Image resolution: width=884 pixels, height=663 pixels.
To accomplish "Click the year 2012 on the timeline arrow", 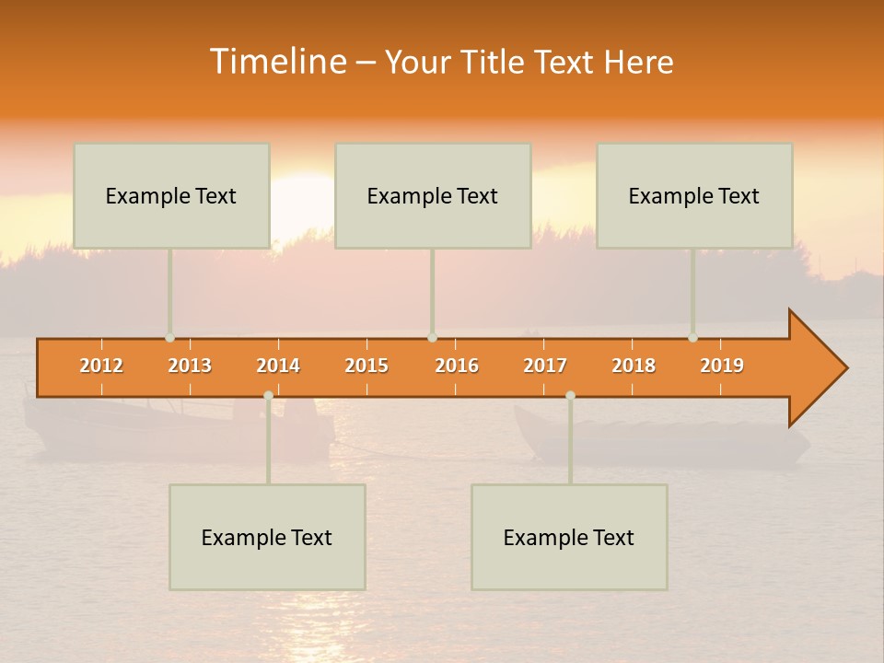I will click(101, 366).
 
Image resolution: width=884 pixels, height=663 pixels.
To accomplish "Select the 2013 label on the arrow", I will click(190, 366).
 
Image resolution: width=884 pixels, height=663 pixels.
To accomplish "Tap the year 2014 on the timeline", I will click(278, 366).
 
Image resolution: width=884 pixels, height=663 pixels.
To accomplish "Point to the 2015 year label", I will click(366, 366).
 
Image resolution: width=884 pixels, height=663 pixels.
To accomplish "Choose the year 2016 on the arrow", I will click(457, 366).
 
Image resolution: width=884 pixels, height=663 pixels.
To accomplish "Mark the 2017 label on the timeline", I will click(545, 366).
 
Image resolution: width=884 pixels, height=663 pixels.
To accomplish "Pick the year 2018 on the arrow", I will click(634, 366).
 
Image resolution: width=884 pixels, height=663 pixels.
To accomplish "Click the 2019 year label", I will click(722, 366).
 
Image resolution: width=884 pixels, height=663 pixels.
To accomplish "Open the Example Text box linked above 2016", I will click(433, 196).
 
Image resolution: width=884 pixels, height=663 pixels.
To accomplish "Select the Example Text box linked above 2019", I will click(694, 196).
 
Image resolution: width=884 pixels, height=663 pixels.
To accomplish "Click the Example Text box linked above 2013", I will click(171, 196).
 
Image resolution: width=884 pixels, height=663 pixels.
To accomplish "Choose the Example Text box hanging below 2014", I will click(267, 537).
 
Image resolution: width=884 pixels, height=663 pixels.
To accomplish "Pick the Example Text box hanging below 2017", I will click(569, 537).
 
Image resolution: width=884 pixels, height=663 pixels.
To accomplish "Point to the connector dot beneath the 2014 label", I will click(268, 396).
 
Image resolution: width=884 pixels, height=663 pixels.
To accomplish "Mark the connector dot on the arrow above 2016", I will click(432, 338).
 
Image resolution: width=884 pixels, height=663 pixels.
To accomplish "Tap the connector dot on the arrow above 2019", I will click(693, 338).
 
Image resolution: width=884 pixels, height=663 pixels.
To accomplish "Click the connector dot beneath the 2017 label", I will click(570, 396).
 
